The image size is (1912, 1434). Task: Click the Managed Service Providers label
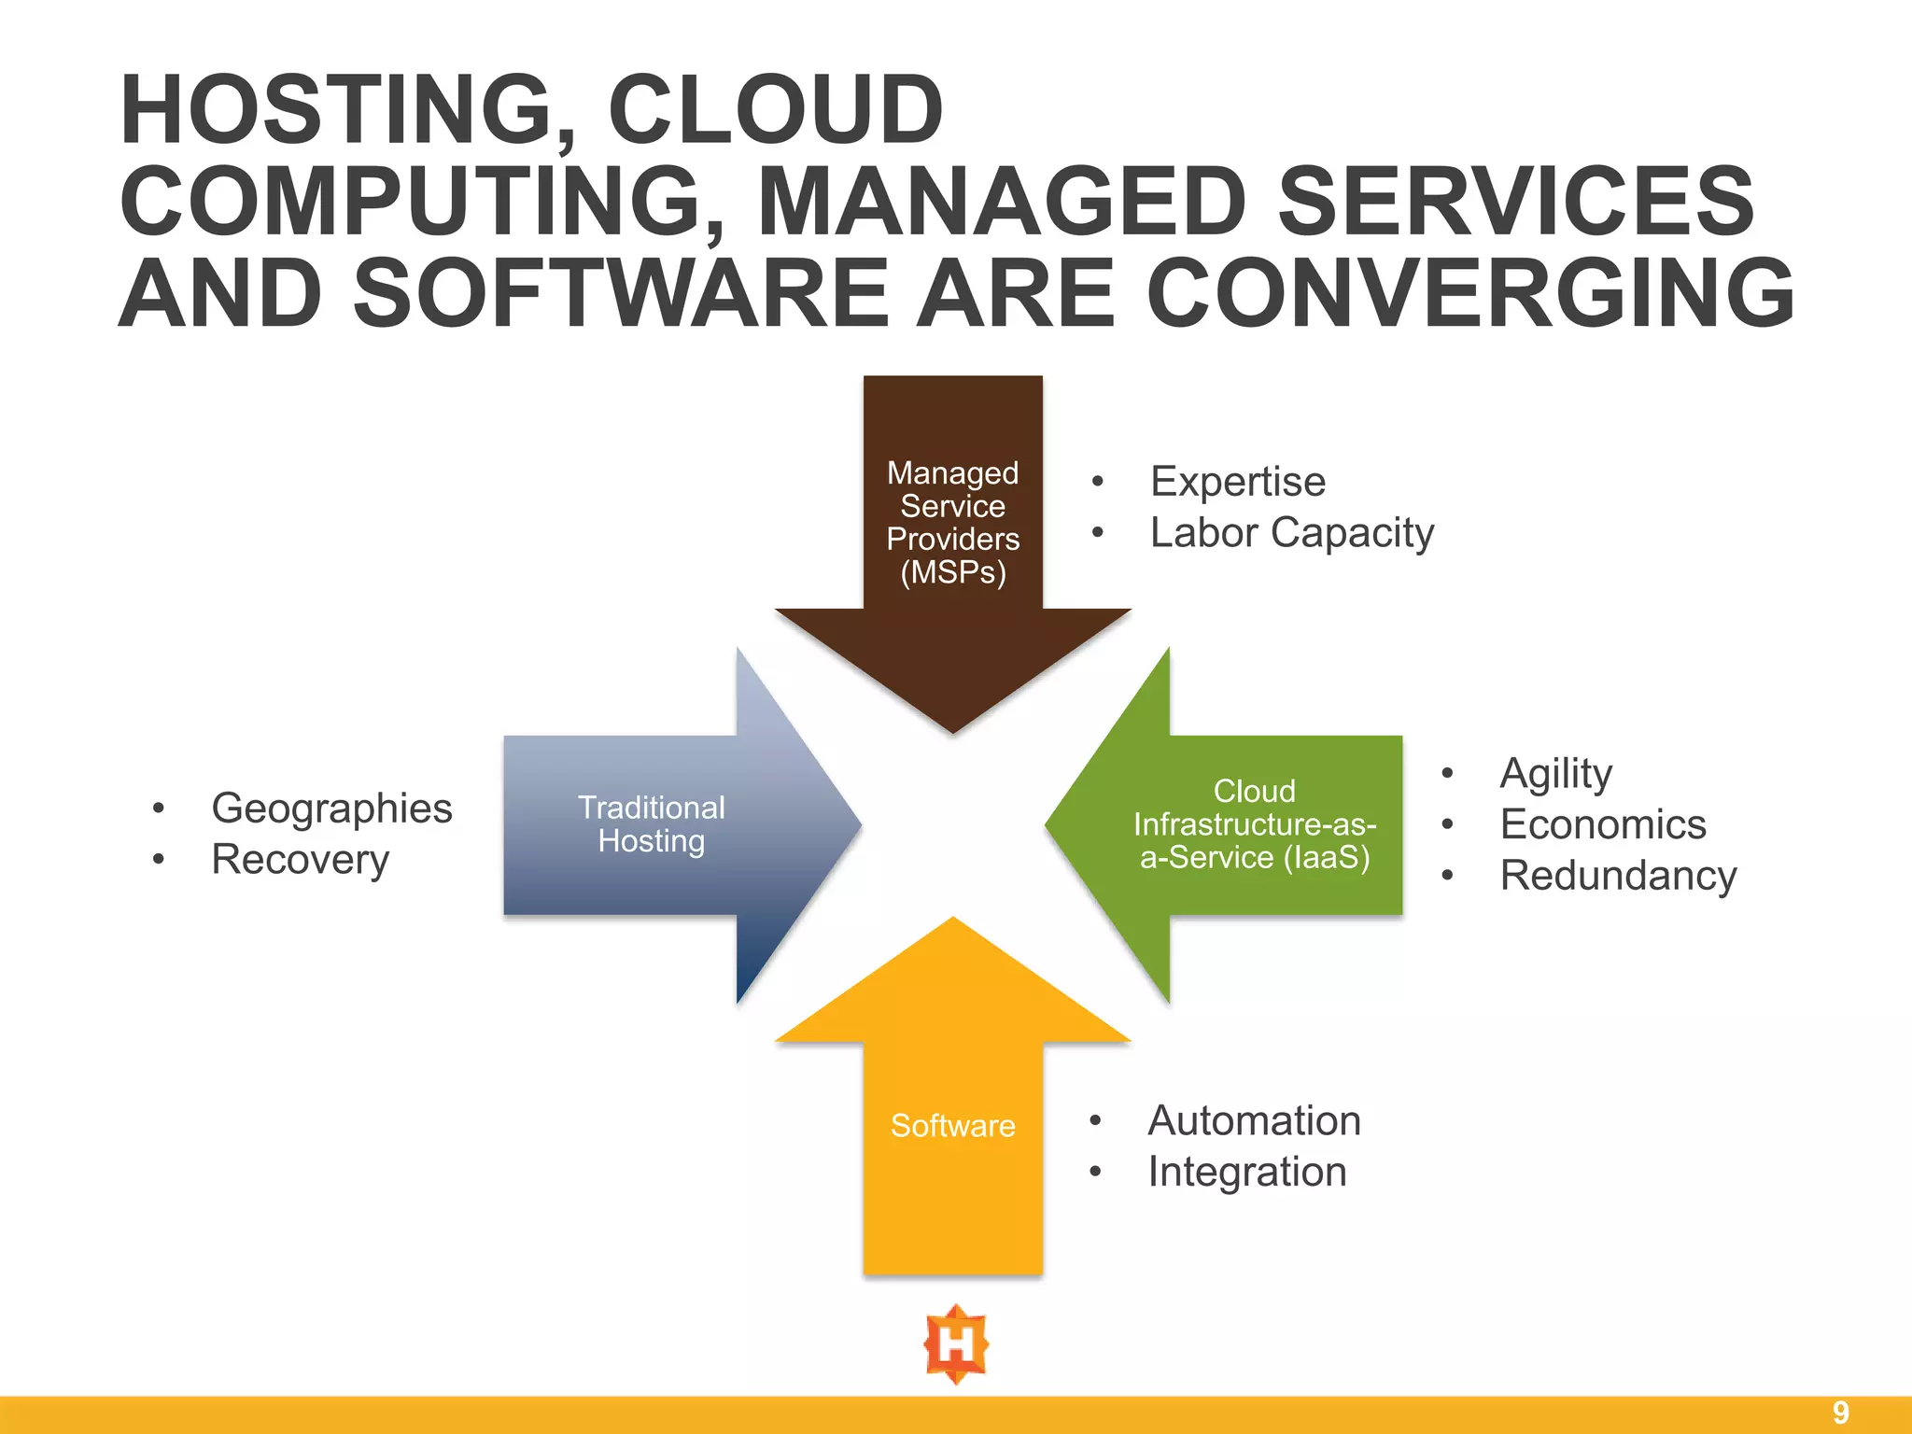coord(952,522)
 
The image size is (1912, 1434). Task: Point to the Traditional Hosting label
coord(651,824)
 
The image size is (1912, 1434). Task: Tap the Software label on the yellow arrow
coord(952,1125)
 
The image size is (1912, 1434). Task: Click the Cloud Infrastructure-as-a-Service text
coord(1254,824)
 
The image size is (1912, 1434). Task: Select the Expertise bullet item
coord(1237,482)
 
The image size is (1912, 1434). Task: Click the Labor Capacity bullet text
coord(1291,533)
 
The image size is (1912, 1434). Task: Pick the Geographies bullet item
coord(331,808)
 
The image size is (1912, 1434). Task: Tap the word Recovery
coord(300,860)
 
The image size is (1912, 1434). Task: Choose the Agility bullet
coord(1555,774)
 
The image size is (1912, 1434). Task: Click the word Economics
coord(1602,824)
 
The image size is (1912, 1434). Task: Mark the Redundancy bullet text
coord(1618,876)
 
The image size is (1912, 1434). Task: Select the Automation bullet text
coord(1254,1120)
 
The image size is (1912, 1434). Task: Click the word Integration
coord(1246,1172)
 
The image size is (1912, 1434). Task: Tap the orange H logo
coord(955,1344)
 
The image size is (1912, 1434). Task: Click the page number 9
coord(1840,1413)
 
